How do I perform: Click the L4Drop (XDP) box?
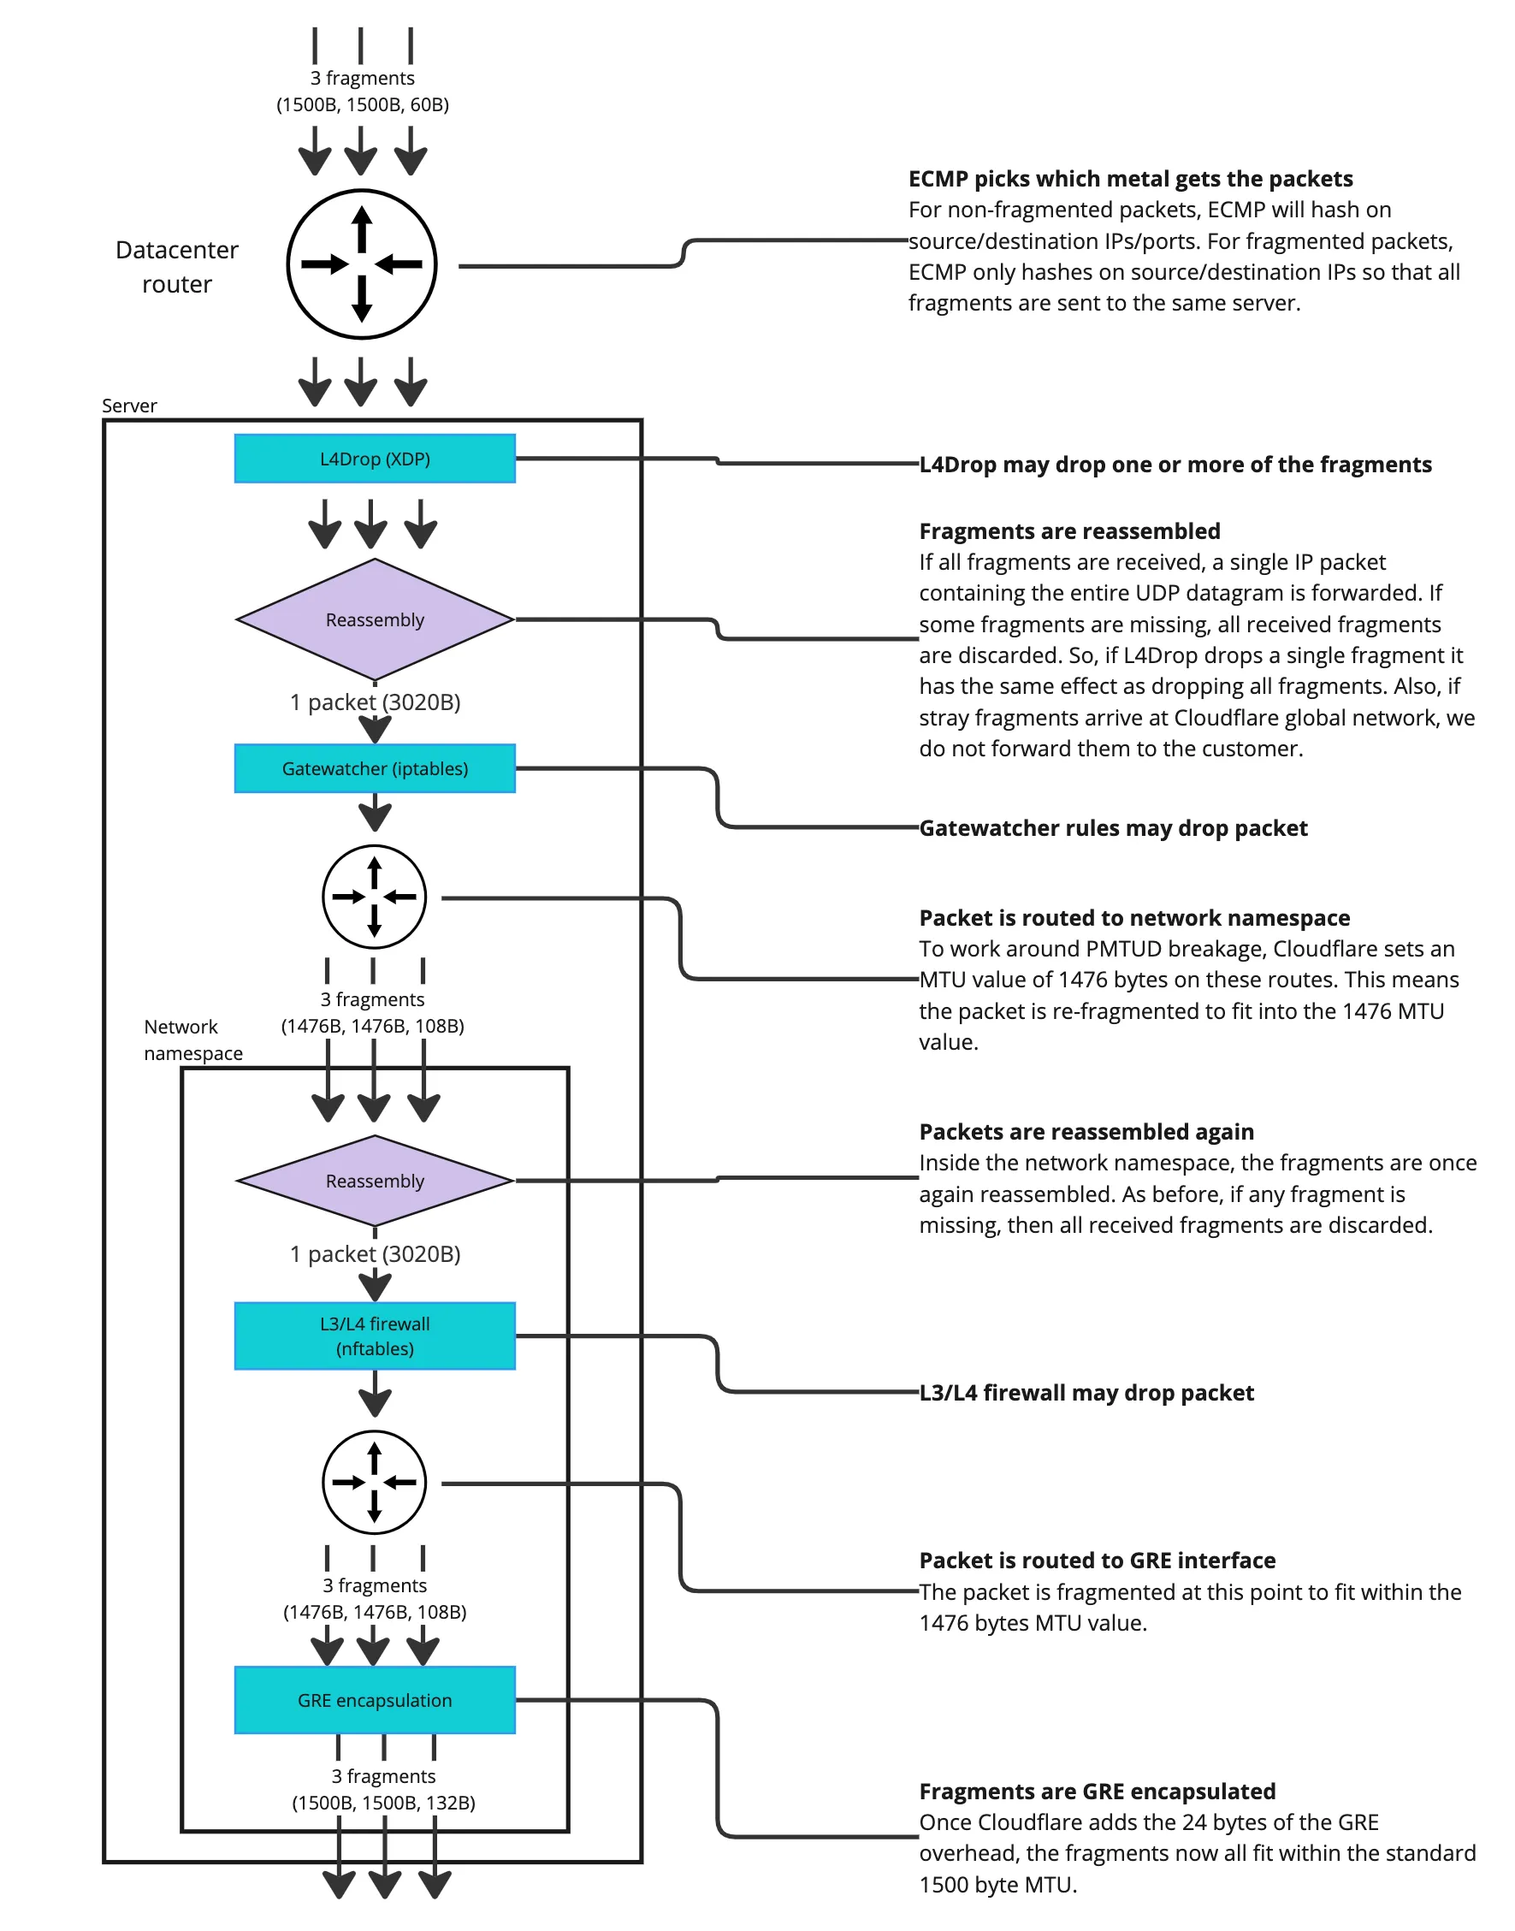[x=375, y=459]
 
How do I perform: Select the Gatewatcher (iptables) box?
[x=375, y=768]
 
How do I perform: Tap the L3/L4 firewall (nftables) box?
[x=375, y=1336]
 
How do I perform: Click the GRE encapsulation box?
[x=375, y=1700]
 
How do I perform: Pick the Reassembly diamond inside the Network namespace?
[x=375, y=1181]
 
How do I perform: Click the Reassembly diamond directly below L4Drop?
[x=375, y=619]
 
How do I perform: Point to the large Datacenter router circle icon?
[x=362, y=264]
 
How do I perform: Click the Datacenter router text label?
[x=176, y=266]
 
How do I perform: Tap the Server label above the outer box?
[x=129, y=406]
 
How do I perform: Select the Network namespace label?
[x=192, y=1040]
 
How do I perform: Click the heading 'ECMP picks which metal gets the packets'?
[x=1130, y=179]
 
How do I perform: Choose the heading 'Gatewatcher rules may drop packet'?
[x=1112, y=827]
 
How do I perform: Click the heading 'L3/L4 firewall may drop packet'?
[x=1086, y=1393]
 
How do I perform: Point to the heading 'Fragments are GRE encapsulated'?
[x=1097, y=1791]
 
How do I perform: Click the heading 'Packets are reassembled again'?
[x=1086, y=1132]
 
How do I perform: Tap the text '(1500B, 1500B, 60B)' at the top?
[x=362, y=104]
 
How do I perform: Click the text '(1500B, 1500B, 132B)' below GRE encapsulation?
[x=383, y=1803]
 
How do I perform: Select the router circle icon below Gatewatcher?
[x=375, y=897]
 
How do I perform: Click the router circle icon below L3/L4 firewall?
[x=375, y=1482]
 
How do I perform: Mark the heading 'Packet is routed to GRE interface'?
[x=1097, y=1561]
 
